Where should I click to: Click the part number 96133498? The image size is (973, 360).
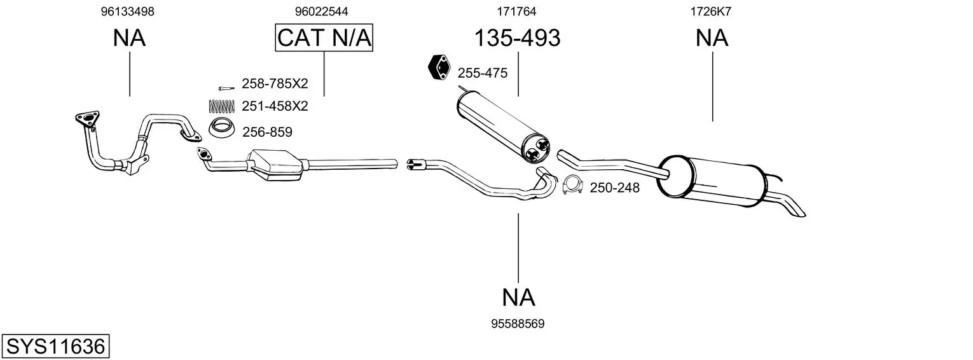[127, 11]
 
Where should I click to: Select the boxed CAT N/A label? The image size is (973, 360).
[324, 38]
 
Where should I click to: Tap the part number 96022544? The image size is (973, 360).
[321, 11]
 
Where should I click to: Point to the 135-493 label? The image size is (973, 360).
[517, 38]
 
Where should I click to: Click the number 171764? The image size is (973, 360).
[516, 11]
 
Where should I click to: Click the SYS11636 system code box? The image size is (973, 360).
[55, 347]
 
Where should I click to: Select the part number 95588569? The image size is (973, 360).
[518, 324]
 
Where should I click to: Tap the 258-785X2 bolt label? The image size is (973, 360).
[275, 83]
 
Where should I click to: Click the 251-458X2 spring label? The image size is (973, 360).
[275, 106]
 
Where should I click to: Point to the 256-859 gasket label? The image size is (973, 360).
[267, 132]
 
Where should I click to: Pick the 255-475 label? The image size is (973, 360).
[483, 73]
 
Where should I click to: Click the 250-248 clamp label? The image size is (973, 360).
[615, 188]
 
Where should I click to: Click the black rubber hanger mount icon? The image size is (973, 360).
[438, 68]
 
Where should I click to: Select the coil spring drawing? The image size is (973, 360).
[222, 106]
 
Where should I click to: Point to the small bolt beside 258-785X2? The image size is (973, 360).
[225, 87]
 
